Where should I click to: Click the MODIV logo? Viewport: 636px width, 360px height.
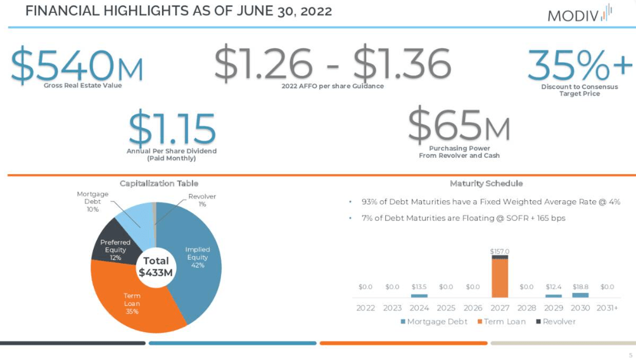point(579,13)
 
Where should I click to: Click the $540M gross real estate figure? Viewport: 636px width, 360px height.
point(77,64)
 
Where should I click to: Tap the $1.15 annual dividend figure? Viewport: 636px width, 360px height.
point(172,127)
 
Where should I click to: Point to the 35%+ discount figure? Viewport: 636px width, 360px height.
point(580,64)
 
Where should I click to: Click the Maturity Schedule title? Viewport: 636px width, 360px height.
point(486,183)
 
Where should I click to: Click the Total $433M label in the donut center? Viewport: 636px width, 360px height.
point(156,266)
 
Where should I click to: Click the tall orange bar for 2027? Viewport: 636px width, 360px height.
point(500,279)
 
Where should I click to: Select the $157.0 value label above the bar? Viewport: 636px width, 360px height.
point(500,252)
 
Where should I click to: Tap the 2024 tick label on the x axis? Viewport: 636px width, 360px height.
point(419,307)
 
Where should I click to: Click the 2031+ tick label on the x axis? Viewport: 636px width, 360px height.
point(607,307)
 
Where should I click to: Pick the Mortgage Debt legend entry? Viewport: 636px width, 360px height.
point(434,321)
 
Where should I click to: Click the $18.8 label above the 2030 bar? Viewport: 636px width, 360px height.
point(580,286)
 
